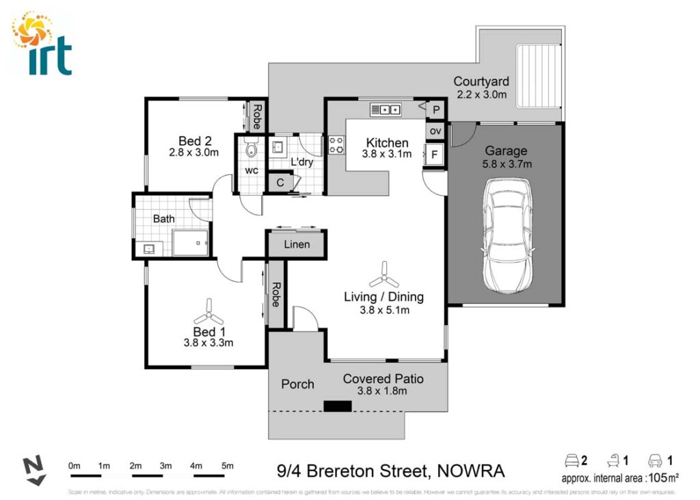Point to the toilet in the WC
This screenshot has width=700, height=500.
[x=250, y=149]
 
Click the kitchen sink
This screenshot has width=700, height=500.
[x=385, y=109]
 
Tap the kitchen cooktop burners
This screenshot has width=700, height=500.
[x=336, y=145]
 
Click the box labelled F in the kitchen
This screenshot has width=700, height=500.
[x=434, y=154]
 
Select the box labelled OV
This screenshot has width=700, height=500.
[x=435, y=131]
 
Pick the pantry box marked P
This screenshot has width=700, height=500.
[x=436, y=109]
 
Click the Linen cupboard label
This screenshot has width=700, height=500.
[x=296, y=244]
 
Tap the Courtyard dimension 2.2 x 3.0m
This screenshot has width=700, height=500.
[x=481, y=94]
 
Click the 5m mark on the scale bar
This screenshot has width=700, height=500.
[x=228, y=466]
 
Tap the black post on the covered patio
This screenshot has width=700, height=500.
[x=337, y=406]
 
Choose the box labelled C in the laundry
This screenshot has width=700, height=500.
[x=281, y=183]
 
